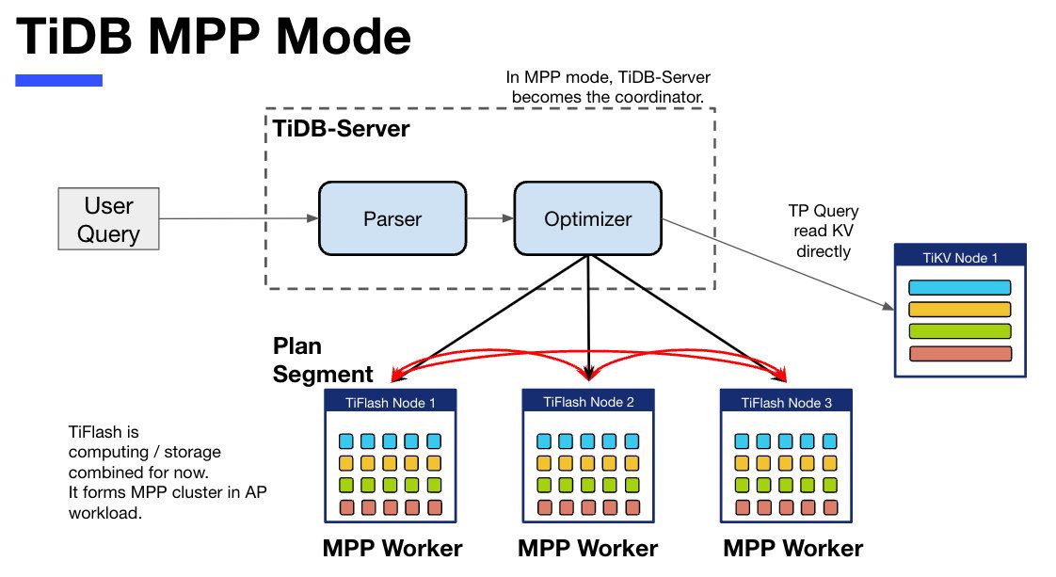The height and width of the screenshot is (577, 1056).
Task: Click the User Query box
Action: click(108, 219)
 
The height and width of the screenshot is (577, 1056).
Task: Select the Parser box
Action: click(392, 219)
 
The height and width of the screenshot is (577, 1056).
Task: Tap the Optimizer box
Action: click(588, 219)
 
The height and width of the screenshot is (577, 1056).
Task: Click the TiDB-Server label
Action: click(341, 129)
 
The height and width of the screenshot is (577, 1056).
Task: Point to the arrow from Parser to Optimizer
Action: click(489, 219)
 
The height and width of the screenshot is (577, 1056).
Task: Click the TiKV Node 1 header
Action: click(959, 258)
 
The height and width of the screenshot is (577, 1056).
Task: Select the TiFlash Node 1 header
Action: click(391, 402)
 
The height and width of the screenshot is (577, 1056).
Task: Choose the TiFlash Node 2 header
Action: click(588, 402)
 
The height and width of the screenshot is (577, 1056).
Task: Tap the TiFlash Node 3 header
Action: click(786, 402)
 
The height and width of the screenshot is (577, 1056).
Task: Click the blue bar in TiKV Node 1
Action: click(959, 287)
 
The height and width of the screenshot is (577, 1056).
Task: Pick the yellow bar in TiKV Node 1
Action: click(959, 309)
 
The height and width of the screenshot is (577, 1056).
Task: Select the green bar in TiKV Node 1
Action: click(959, 331)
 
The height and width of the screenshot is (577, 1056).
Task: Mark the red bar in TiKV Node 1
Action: click(959, 354)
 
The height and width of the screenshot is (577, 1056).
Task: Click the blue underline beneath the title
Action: click(58, 81)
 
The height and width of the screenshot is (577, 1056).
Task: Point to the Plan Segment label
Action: click(323, 360)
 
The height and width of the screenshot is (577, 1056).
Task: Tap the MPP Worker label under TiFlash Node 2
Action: click(588, 548)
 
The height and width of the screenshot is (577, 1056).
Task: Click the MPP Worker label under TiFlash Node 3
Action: click(792, 548)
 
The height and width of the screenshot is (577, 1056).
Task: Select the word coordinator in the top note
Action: click(657, 97)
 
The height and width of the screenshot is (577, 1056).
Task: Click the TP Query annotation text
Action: click(823, 232)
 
